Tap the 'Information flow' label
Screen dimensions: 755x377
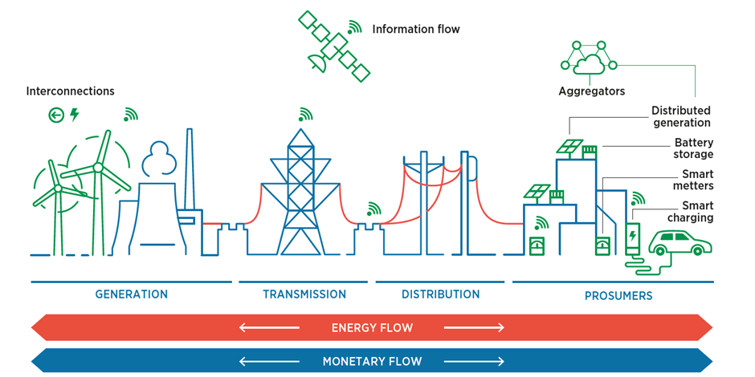(x=416, y=30)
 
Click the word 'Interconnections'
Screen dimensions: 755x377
(x=71, y=91)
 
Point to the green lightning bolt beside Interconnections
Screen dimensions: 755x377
(x=74, y=115)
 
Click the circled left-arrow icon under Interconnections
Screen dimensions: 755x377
(x=56, y=115)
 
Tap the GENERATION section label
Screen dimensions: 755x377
(x=132, y=294)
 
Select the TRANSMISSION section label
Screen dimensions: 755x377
(x=304, y=294)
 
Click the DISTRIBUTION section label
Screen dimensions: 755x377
(x=441, y=294)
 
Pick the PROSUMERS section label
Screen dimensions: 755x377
(x=618, y=295)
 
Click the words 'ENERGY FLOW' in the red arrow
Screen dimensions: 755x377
(x=372, y=328)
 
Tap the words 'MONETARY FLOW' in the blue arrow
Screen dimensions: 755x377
(x=372, y=361)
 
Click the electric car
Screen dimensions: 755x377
(x=679, y=243)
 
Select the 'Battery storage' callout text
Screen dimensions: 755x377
(x=693, y=148)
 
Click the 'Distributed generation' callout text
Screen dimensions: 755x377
(x=681, y=117)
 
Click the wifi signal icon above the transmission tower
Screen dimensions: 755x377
(x=304, y=114)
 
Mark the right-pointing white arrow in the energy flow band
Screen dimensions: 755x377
(x=474, y=328)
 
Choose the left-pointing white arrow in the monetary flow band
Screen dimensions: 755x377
(x=269, y=361)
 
